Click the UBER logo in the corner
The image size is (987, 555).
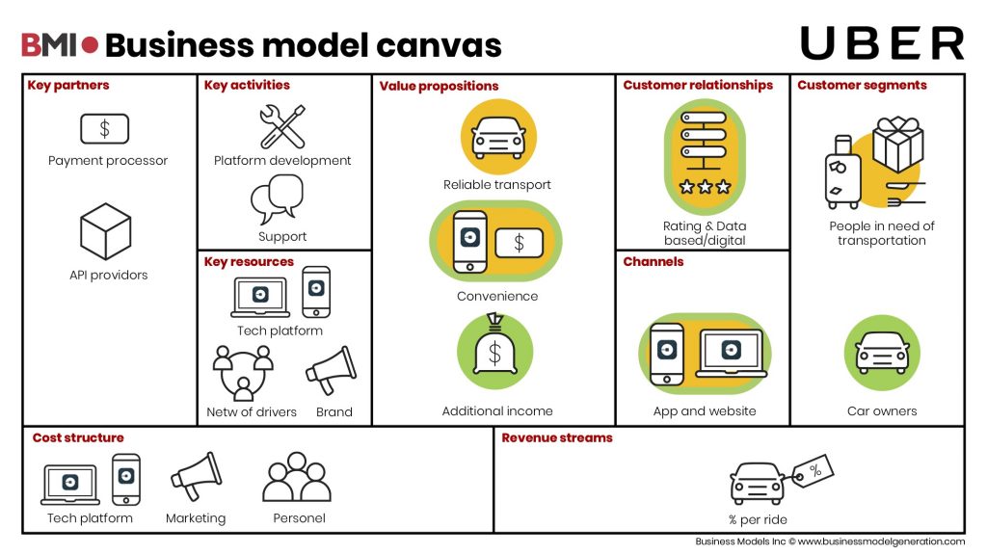[x=881, y=43]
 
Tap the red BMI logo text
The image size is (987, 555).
[x=50, y=44]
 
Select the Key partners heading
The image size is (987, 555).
[x=68, y=86]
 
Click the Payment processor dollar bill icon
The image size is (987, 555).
[x=104, y=128]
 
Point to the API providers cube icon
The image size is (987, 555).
[x=105, y=231]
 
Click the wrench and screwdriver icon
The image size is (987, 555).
[x=282, y=126]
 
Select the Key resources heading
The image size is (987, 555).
[x=249, y=262]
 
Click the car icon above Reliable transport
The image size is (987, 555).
[x=497, y=137]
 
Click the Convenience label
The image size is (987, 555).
[x=497, y=297]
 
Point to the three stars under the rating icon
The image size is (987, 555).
[x=705, y=187]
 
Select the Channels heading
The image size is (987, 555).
[x=654, y=262]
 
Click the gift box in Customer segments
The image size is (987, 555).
[x=897, y=144]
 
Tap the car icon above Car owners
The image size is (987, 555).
[x=882, y=354]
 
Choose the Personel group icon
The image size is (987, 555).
[x=297, y=477]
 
